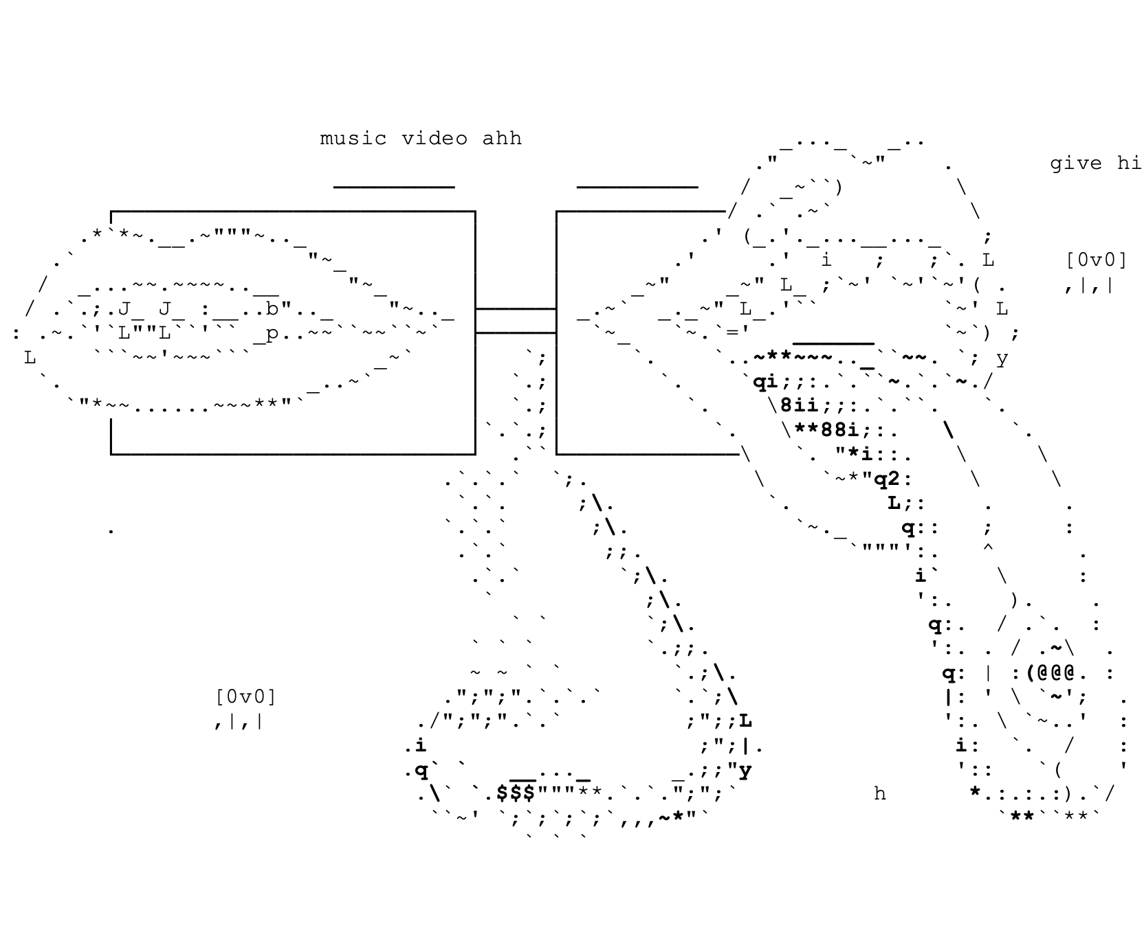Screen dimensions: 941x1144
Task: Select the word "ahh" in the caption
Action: coord(502,139)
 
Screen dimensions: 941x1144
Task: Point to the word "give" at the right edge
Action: coord(1075,163)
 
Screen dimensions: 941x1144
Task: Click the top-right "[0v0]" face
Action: coord(1097,260)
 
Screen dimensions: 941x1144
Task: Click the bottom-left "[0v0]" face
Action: coord(245,697)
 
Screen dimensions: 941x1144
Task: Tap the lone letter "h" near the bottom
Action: coord(880,794)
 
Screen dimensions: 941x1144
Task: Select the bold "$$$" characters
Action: coord(516,793)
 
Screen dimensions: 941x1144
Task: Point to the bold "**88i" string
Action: coord(826,430)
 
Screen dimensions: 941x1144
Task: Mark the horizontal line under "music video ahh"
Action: coord(394,187)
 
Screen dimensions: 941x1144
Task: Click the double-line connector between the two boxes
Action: coord(516,321)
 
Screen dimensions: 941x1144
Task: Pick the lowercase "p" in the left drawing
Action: coord(272,334)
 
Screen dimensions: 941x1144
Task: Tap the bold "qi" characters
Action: coord(765,382)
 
